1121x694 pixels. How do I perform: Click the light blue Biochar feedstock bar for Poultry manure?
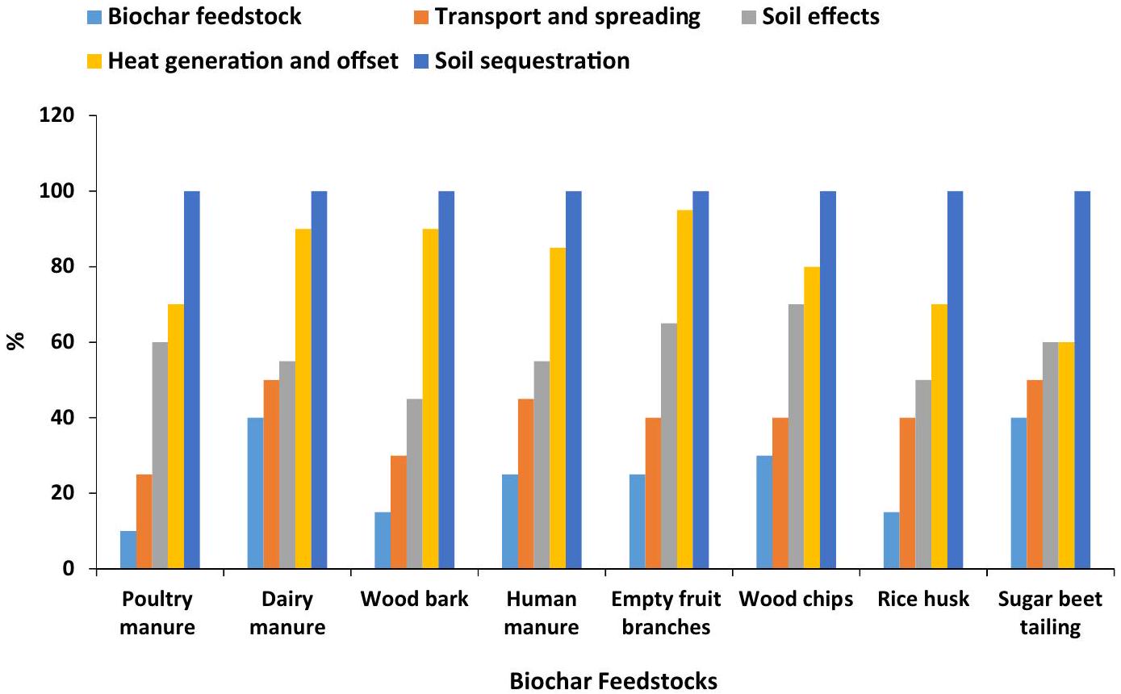[x=128, y=550]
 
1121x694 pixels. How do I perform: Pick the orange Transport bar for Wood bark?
[x=398, y=512]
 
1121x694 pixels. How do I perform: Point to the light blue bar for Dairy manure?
[x=255, y=493]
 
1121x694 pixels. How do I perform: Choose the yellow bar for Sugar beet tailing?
[x=1066, y=455]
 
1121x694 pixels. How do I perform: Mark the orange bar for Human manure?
[x=525, y=483]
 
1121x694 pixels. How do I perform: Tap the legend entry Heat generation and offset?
[x=242, y=61]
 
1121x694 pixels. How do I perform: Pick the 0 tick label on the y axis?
[x=69, y=569]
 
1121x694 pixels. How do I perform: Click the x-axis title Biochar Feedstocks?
[x=613, y=681]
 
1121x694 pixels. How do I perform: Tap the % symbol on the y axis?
[x=16, y=341]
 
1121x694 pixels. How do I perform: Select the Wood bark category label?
[x=414, y=600]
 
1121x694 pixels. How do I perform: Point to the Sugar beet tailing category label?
[x=1050, y=613]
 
